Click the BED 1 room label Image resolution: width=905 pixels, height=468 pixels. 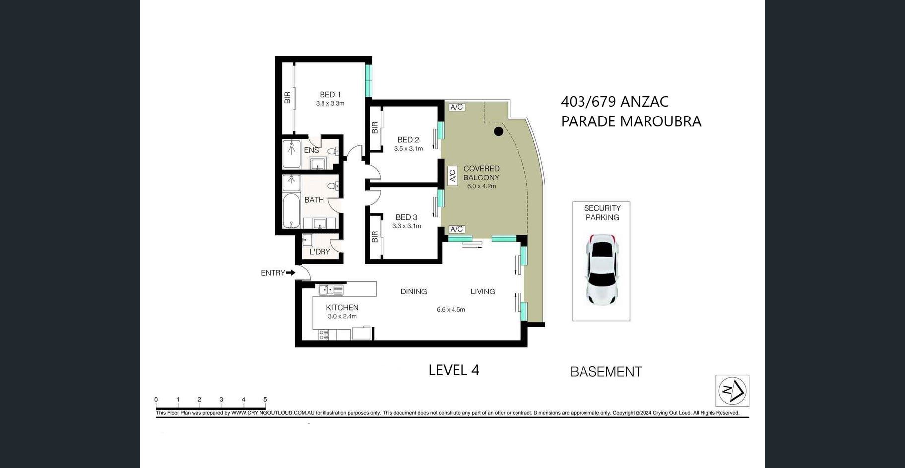click(330, 94)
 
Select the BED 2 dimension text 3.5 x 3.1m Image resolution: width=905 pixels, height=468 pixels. click(408, 149)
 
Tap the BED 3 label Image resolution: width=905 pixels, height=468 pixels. click(406, 217)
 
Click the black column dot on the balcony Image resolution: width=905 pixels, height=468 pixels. click(499, 131)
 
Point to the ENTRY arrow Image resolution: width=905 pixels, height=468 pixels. click(291, 272)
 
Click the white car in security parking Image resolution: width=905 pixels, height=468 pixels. click(602, 269)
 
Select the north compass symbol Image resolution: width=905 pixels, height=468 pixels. click(732, 391)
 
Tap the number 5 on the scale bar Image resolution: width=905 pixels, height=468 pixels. click(265, 399)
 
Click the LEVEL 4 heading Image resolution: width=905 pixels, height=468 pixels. click(454, 370)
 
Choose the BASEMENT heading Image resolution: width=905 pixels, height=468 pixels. click(606, 372)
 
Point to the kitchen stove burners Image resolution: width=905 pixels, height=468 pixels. click(323, 335)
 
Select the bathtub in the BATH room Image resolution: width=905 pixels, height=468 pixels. click(291, 210)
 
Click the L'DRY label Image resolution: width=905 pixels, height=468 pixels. click(320, 252)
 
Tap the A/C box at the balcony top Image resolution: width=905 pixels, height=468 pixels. click(456, 107)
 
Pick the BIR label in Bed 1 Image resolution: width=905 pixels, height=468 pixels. click(287, 98)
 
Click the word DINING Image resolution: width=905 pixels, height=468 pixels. click(414, 292)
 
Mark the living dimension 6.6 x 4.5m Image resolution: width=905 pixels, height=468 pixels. click(451, 310)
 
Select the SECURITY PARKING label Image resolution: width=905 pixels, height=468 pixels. click(602, 213)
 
